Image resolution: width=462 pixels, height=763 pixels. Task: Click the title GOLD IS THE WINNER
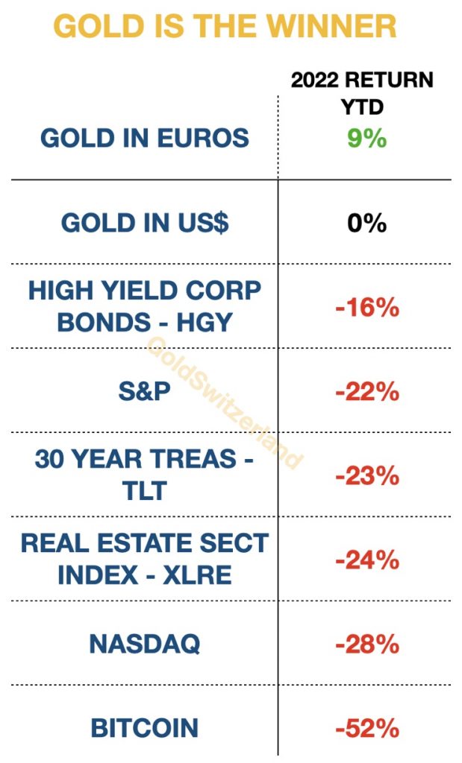pos(225,27)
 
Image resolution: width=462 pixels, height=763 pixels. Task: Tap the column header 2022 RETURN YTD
pos(362,92)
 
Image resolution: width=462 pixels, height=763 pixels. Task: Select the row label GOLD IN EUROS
pos(145,138)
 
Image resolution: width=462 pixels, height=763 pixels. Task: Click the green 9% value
pos(366,137)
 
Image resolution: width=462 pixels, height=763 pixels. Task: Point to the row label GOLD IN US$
pos(145,223)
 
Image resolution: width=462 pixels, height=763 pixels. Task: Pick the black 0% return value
pos(366,223)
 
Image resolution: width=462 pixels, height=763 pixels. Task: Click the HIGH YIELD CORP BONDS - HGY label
pos(145,306)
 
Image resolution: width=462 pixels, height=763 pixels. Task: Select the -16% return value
pos(367,307)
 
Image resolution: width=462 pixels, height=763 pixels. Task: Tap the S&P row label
pos(145,392)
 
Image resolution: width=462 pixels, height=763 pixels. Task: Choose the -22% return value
pos(367,391)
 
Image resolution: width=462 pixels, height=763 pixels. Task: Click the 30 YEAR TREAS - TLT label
pos(145,475)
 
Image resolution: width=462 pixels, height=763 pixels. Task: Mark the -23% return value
pos(367,475)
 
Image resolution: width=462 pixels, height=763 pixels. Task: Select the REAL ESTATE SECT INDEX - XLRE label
pos(145,559)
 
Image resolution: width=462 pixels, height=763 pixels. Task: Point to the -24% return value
pos(367,560)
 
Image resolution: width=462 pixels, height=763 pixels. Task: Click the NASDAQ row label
pos(145,644)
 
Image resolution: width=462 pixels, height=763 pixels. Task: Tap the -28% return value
pos(367,644)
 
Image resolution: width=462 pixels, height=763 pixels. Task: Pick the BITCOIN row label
pos(145,728)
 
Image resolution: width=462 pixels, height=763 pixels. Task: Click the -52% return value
pos(367,728)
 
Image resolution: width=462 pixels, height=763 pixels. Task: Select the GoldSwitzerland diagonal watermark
pos(224,402)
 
